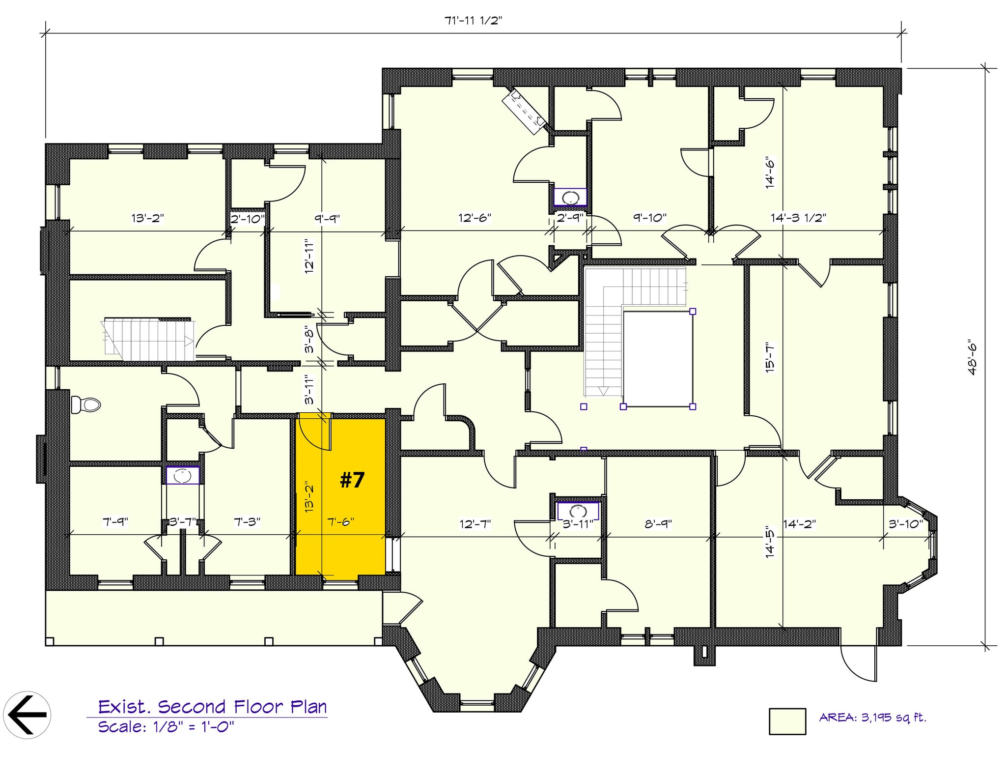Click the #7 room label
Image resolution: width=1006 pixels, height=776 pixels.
pos(352,480)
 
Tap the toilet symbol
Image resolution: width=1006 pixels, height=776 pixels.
pos(85,405)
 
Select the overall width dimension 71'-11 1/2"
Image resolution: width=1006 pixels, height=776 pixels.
pos(473,21)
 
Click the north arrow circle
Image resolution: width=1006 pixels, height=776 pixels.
pos(27,715)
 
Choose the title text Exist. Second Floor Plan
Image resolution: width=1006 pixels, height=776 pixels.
pos(212,707)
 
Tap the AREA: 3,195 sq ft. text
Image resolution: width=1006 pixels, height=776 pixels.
pos(872,718)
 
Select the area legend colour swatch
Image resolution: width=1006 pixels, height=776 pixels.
pos(787,721)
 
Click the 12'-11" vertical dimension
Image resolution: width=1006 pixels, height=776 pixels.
pos(309,256)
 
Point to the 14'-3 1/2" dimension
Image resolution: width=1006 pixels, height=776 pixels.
pos(798,218)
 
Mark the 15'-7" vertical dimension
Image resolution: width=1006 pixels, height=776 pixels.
pos(770,357)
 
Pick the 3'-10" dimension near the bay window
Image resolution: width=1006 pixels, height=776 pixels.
pos(906,524)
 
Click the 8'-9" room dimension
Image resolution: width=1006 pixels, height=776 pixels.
pos(658,524)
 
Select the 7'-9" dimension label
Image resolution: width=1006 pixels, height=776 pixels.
pos(115,521)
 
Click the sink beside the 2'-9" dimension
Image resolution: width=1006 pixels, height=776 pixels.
pos(570,198)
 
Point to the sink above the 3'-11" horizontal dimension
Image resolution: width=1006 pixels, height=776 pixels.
pos(578,510)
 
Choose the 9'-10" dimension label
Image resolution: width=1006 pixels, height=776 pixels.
pos(649,217)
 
